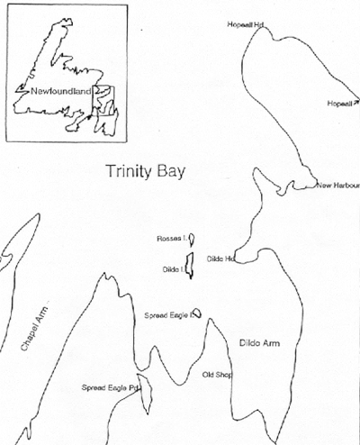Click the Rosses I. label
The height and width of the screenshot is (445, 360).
(171, 238)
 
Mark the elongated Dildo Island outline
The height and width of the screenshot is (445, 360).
(188, 273)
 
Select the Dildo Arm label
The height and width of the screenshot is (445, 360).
(259, 343)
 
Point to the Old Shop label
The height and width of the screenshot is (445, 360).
(217, 374)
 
